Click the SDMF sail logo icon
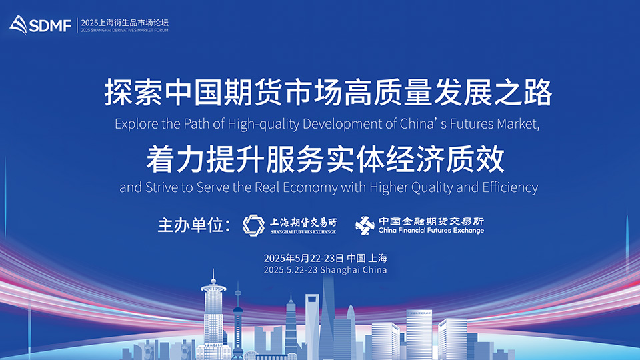pos(19,25)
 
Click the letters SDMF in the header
pos(51,26)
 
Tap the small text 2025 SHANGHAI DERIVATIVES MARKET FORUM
pos(125,30)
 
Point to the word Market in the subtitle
pos(518,124)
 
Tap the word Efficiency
pos(510,187)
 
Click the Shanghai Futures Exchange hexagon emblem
pos(253,225)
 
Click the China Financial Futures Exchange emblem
pos(365,225)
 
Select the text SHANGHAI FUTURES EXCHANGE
pos(303,231)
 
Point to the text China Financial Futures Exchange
pos(431,230)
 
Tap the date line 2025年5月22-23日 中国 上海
pos(325,258)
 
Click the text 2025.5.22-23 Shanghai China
pos(325,270)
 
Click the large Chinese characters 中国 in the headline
pos(193,93)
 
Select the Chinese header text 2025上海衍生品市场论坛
pos(125,23)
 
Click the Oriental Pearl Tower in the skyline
pos(237,319)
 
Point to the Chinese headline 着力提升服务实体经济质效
pos(325,159)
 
